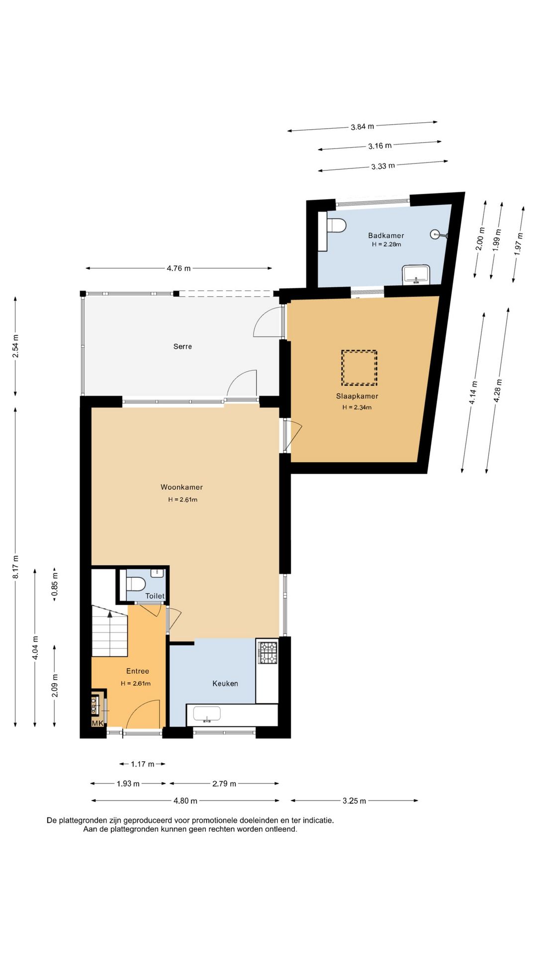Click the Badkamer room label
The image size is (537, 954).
click(x=386, y=236)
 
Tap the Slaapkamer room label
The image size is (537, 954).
click(x=357, y=396)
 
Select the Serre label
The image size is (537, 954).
click(x=182, y=346)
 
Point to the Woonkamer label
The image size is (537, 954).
click(x=181, y=487)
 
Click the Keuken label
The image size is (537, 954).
click(x=225, y=683)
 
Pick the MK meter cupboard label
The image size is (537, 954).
click(x=97, y=723)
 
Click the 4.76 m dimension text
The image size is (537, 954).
click(x=179, y=268)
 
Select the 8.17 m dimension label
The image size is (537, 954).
click(x=15, y=567)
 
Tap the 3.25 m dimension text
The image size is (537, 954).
click(x=354, y=800)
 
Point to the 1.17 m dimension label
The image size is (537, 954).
click(x=142, y=764)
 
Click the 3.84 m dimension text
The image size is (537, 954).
click(x=362, y=127)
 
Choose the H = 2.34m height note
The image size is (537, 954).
click(x=357, y=407)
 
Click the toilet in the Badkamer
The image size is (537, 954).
click(x=336, y=225)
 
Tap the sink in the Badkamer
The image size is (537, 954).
click(x=416, y=274)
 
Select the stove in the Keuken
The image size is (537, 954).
click(x=268, y=652)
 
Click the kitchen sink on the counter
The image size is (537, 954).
click(x=207, y=714)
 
